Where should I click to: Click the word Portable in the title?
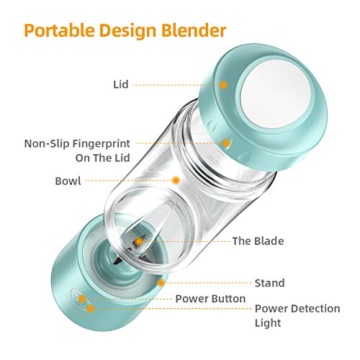60,31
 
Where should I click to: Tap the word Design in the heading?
128,31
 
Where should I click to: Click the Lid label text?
121,84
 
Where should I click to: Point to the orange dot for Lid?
223,85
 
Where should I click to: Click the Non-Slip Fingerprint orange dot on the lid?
226,143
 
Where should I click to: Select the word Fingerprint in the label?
101,144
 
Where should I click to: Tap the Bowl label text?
68,181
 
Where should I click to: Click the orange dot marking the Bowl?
176,181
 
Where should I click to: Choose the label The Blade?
258,241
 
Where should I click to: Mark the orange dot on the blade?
138,241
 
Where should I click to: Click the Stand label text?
269,283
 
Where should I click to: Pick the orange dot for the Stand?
161,283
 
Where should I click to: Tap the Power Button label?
210,299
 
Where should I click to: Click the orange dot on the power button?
82,299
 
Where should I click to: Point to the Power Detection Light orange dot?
91,308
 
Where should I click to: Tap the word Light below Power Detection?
268,323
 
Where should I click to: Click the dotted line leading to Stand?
208,283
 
